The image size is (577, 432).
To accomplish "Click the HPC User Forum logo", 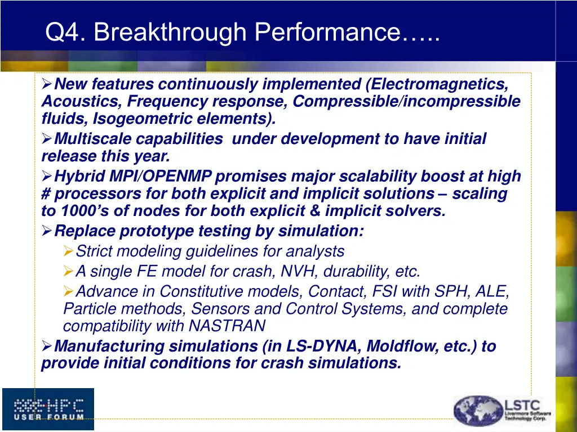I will tap(48, 409).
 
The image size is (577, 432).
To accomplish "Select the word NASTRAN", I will tap(227, 326).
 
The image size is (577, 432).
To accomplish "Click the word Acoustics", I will tap(82, 102).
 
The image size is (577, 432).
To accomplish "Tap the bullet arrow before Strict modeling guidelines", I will tap(68, 251).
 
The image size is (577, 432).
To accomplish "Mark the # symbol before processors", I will tap(46, 194).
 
